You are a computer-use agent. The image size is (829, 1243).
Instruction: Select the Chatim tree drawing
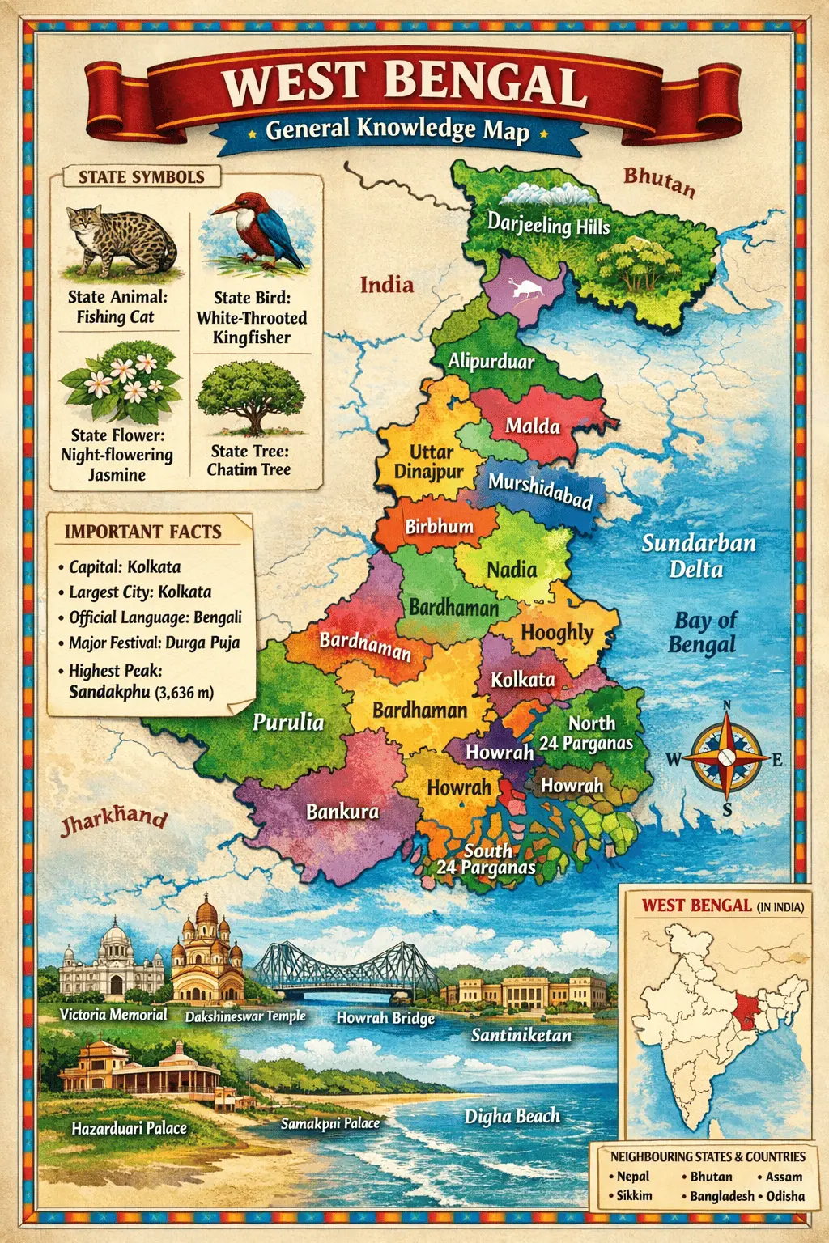tap(251, 397)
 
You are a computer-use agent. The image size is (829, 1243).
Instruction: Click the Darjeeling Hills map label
tap(548, 224)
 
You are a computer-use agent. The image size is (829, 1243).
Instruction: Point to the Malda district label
tap(533, 426)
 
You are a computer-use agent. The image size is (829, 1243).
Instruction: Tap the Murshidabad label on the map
tap(540, 491)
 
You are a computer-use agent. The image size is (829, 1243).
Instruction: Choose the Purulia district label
tap(288, 722)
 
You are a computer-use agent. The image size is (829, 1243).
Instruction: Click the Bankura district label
tap(342, 811)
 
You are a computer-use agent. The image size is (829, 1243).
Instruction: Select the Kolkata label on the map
tap(523, 680)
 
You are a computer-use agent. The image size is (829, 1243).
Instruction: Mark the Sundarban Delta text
tap(698, 556)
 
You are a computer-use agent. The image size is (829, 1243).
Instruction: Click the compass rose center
tap(726, 758)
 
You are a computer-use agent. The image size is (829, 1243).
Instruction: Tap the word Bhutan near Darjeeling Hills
tap(659, 181)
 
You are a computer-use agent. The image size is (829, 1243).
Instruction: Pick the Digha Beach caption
tap(512, 1117)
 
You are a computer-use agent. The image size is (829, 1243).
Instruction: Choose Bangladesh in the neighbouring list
tap(721, 1196)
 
